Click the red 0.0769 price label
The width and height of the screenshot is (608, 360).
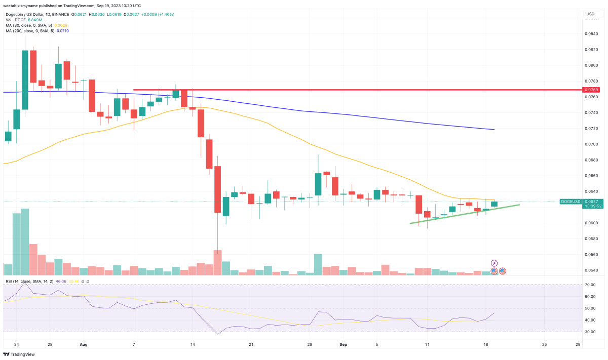point(590,90)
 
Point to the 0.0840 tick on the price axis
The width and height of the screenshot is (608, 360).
point(590,34)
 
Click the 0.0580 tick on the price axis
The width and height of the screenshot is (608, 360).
point(590,238)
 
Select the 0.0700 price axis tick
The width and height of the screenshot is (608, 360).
point(590,144)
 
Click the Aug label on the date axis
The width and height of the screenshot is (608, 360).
point(84,344)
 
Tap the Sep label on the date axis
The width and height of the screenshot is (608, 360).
point(343,344)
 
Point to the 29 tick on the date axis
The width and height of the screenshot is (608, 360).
point(577,344)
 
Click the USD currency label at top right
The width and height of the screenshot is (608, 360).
point(590,14)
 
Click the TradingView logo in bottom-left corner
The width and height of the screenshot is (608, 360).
point(20,354)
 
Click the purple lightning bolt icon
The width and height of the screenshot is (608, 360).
point(495,263)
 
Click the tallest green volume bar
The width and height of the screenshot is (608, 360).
point(25,242)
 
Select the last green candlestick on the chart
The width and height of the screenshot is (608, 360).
point(495,204)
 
